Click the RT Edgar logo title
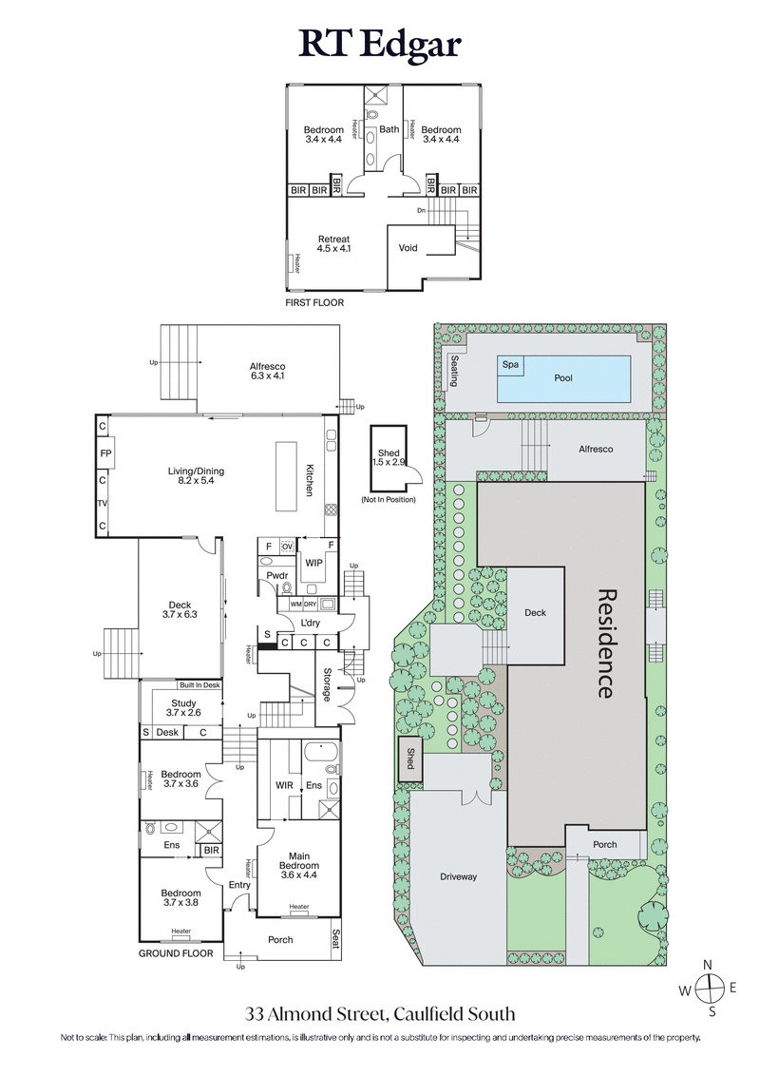click(x=380, y=43)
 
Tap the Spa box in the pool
click(x=510, y=364)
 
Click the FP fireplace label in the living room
click(x=102, y=454)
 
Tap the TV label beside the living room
click(x=102, y=503)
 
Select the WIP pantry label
click(x=313, y=563)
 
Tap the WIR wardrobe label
click(x=284, y=785)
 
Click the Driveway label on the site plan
click(x=458, y=876)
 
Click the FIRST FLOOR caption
click(x=314, y=302)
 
